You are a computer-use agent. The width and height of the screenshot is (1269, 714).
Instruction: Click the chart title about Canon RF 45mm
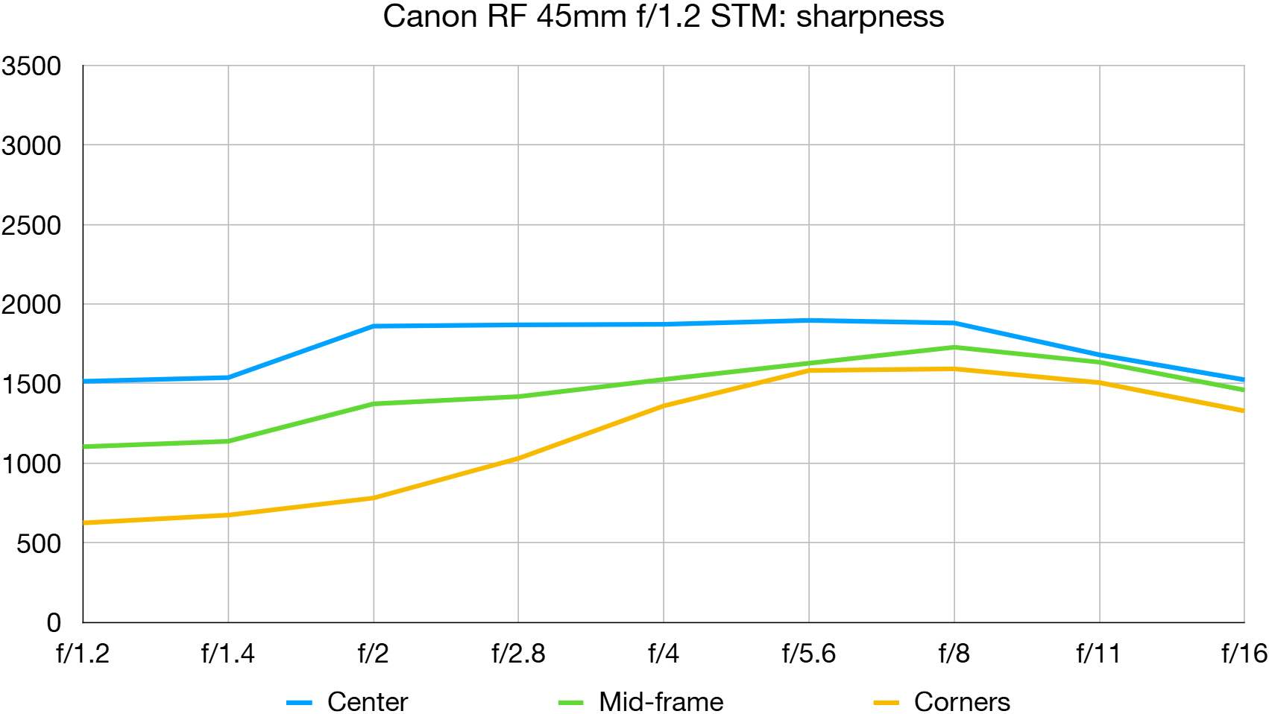(663, 16)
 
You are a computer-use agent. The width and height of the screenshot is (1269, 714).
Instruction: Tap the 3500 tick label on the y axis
(31, 66)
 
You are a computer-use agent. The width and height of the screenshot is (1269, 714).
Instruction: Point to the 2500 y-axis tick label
(31, 225)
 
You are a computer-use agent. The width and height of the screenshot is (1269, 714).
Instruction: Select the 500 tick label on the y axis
(39, 543)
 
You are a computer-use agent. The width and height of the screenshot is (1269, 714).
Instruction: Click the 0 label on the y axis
(54, 622)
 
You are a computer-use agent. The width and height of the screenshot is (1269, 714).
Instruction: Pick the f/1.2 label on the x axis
(83, 654)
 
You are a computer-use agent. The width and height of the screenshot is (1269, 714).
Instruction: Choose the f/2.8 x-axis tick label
(518, 654)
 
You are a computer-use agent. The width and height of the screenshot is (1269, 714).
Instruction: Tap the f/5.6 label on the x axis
(808, 654)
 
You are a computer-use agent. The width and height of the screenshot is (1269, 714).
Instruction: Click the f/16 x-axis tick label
(1244, 654)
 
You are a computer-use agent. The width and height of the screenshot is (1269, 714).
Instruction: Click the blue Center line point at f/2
(374, 326)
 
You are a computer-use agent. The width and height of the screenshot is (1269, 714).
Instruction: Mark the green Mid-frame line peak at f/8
(954, 347)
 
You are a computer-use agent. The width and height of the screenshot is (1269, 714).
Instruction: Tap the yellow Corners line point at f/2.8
(518, 458)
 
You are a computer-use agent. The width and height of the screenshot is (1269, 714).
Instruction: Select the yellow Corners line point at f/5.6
(809, 370)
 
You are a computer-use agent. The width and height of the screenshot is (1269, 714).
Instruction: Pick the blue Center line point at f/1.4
(228, 377)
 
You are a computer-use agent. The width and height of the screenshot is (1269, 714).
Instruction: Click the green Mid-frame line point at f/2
(374, 404)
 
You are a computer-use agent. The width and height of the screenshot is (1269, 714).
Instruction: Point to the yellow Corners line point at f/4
(664, 405)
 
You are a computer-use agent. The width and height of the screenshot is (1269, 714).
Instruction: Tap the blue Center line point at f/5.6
(809, 320)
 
